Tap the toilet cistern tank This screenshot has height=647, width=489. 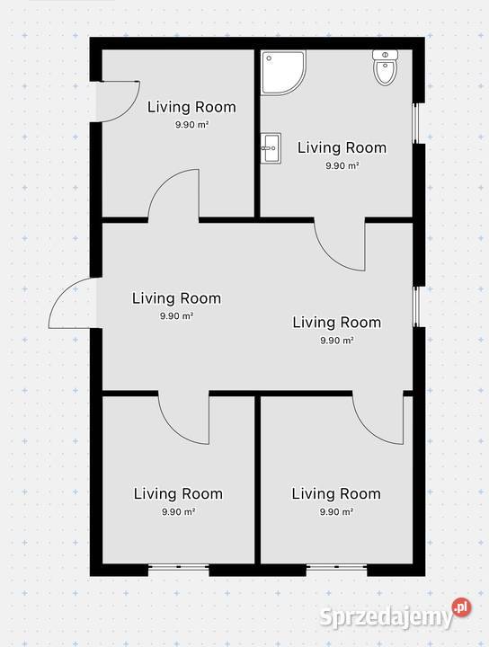pyautogui.click(x=385, y=55)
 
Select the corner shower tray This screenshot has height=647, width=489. pyautogui.click(x=283, y=73)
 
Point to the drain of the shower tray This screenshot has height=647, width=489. pyautogui.click(x=269, y=58)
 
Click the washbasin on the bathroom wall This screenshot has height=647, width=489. pyautogui.click(x=271, y=148)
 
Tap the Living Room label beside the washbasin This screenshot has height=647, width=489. pyautogui.click(x=342, y=147)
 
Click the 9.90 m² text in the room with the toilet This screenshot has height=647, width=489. pyautogui.click(x=342, y=166)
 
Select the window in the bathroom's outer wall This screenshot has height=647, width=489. pyautogui.click(x=416, y=123)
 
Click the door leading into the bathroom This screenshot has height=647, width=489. pyautogui.click(x=340, y=245)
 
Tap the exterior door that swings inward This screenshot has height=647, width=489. pyautogui.click(x=117, y=102)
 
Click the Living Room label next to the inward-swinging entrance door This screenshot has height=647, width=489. pyautogui.click(x=191, y=107)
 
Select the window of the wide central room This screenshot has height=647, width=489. pyautogui.click(x=416, y=306)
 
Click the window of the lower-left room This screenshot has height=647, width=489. pyautogui.click(x=179, y=567)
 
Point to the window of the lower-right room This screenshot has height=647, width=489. pyautogui.click(x=337, y=567)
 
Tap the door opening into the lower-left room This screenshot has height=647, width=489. pyautogui.click(x=183, y=417)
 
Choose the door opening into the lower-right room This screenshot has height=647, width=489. pyautogui.click(x=378, y=417)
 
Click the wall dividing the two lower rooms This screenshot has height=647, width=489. pyautogui.click(x=257, y=479)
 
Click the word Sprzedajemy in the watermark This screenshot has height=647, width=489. pyautogui.click(x=386, y=617)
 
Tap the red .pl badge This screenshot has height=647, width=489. pyautogui.click(x=462, y=606)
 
